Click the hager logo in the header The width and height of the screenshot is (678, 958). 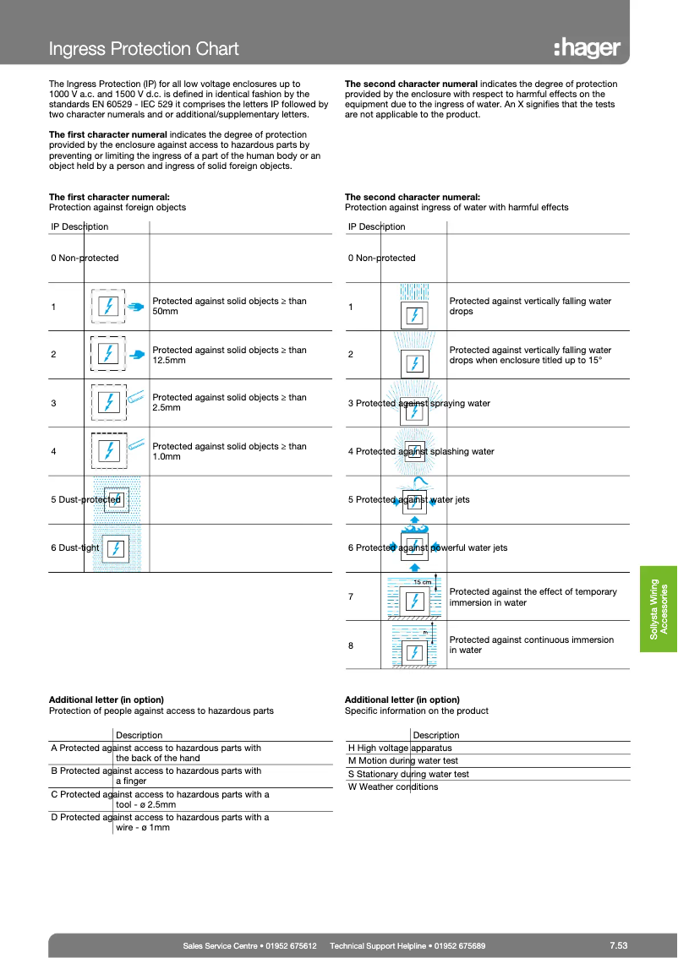point(588,48)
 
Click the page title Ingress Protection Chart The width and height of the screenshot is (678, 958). point(144,49)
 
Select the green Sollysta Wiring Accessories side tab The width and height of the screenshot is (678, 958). point(658,607)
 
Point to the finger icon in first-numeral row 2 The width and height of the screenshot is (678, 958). point(139,354)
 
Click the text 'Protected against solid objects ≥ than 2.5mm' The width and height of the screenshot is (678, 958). point(229,402)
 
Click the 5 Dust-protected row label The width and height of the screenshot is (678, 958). point(85,499)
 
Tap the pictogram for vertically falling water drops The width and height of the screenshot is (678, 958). point(413,307)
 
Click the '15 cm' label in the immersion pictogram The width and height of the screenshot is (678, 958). point(422,582)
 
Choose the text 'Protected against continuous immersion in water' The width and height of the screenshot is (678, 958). point(531,645)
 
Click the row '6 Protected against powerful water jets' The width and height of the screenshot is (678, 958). point(428,547)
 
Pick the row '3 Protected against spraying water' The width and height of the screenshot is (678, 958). point(419,403)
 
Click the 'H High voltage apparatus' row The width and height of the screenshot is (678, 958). point(400,748)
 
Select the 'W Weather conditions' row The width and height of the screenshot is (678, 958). point(393,787)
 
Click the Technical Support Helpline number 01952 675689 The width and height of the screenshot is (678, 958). point(407,945)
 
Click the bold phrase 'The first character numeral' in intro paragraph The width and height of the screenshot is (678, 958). point(107,134)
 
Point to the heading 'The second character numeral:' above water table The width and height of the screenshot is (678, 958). point(413,196)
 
